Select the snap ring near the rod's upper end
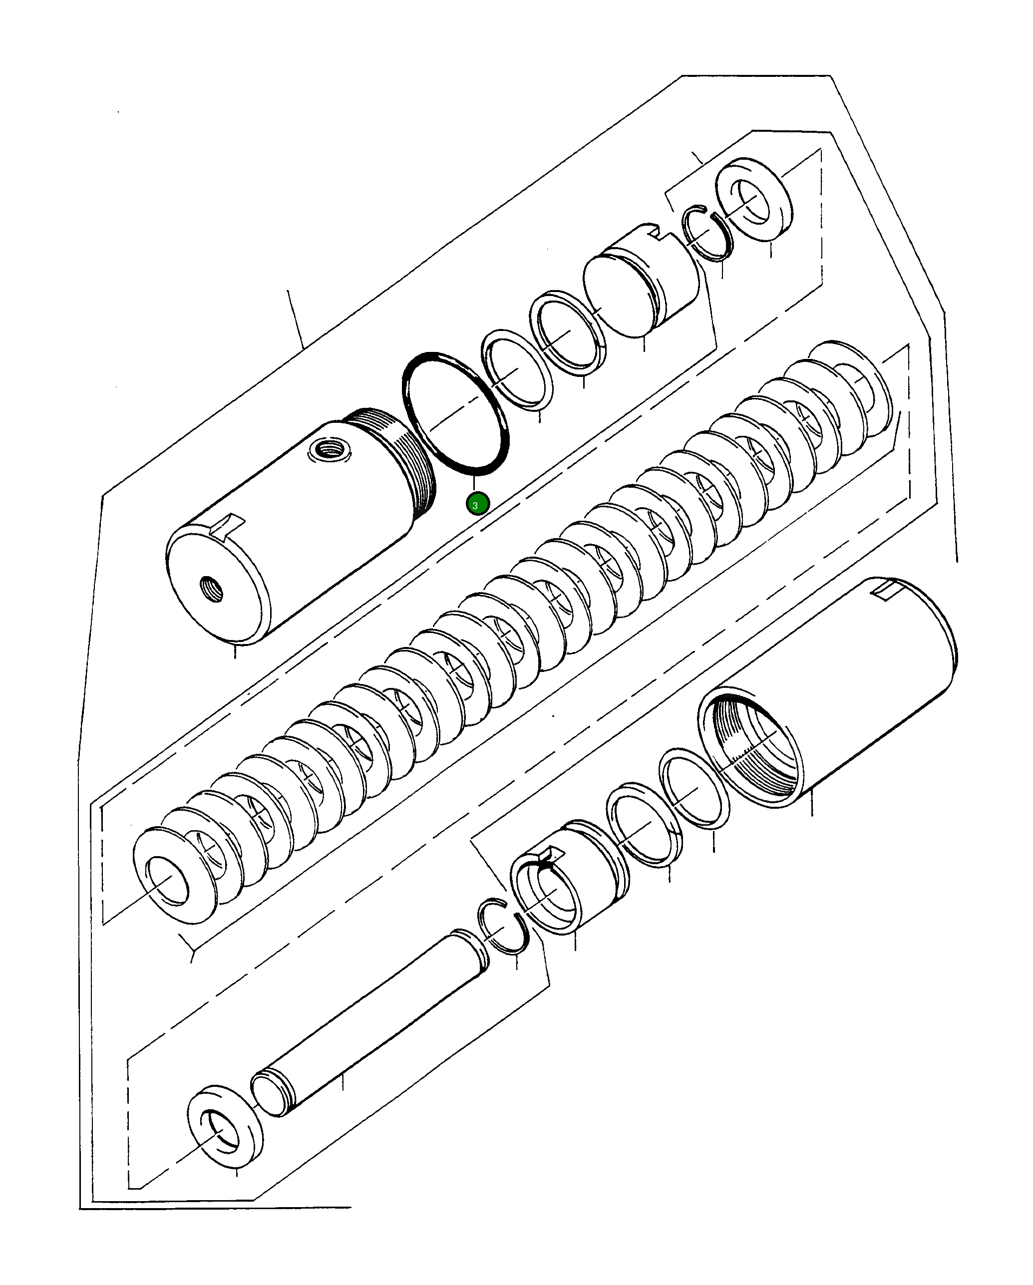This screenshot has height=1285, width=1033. coord(504,934)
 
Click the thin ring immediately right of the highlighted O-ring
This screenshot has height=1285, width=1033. coord(516,368)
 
